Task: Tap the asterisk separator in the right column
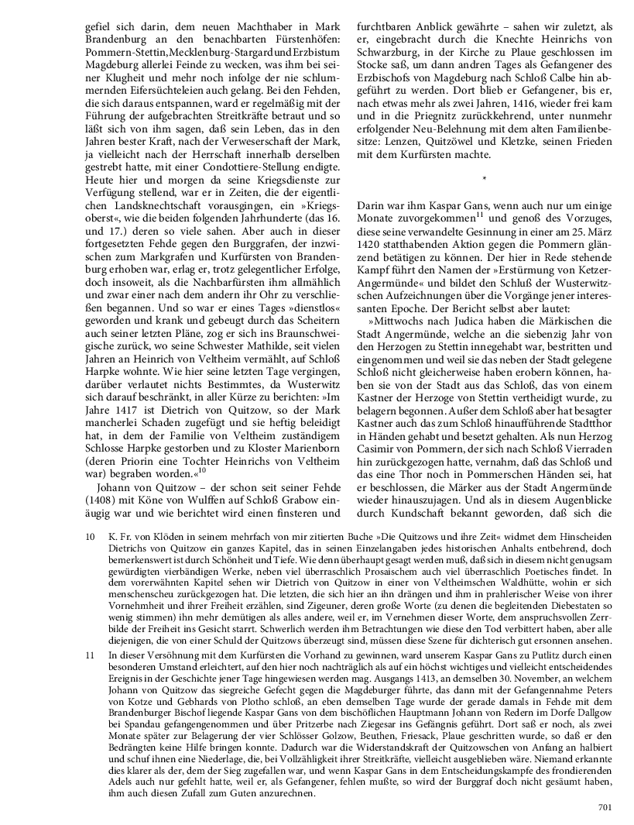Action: click(484, 180)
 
